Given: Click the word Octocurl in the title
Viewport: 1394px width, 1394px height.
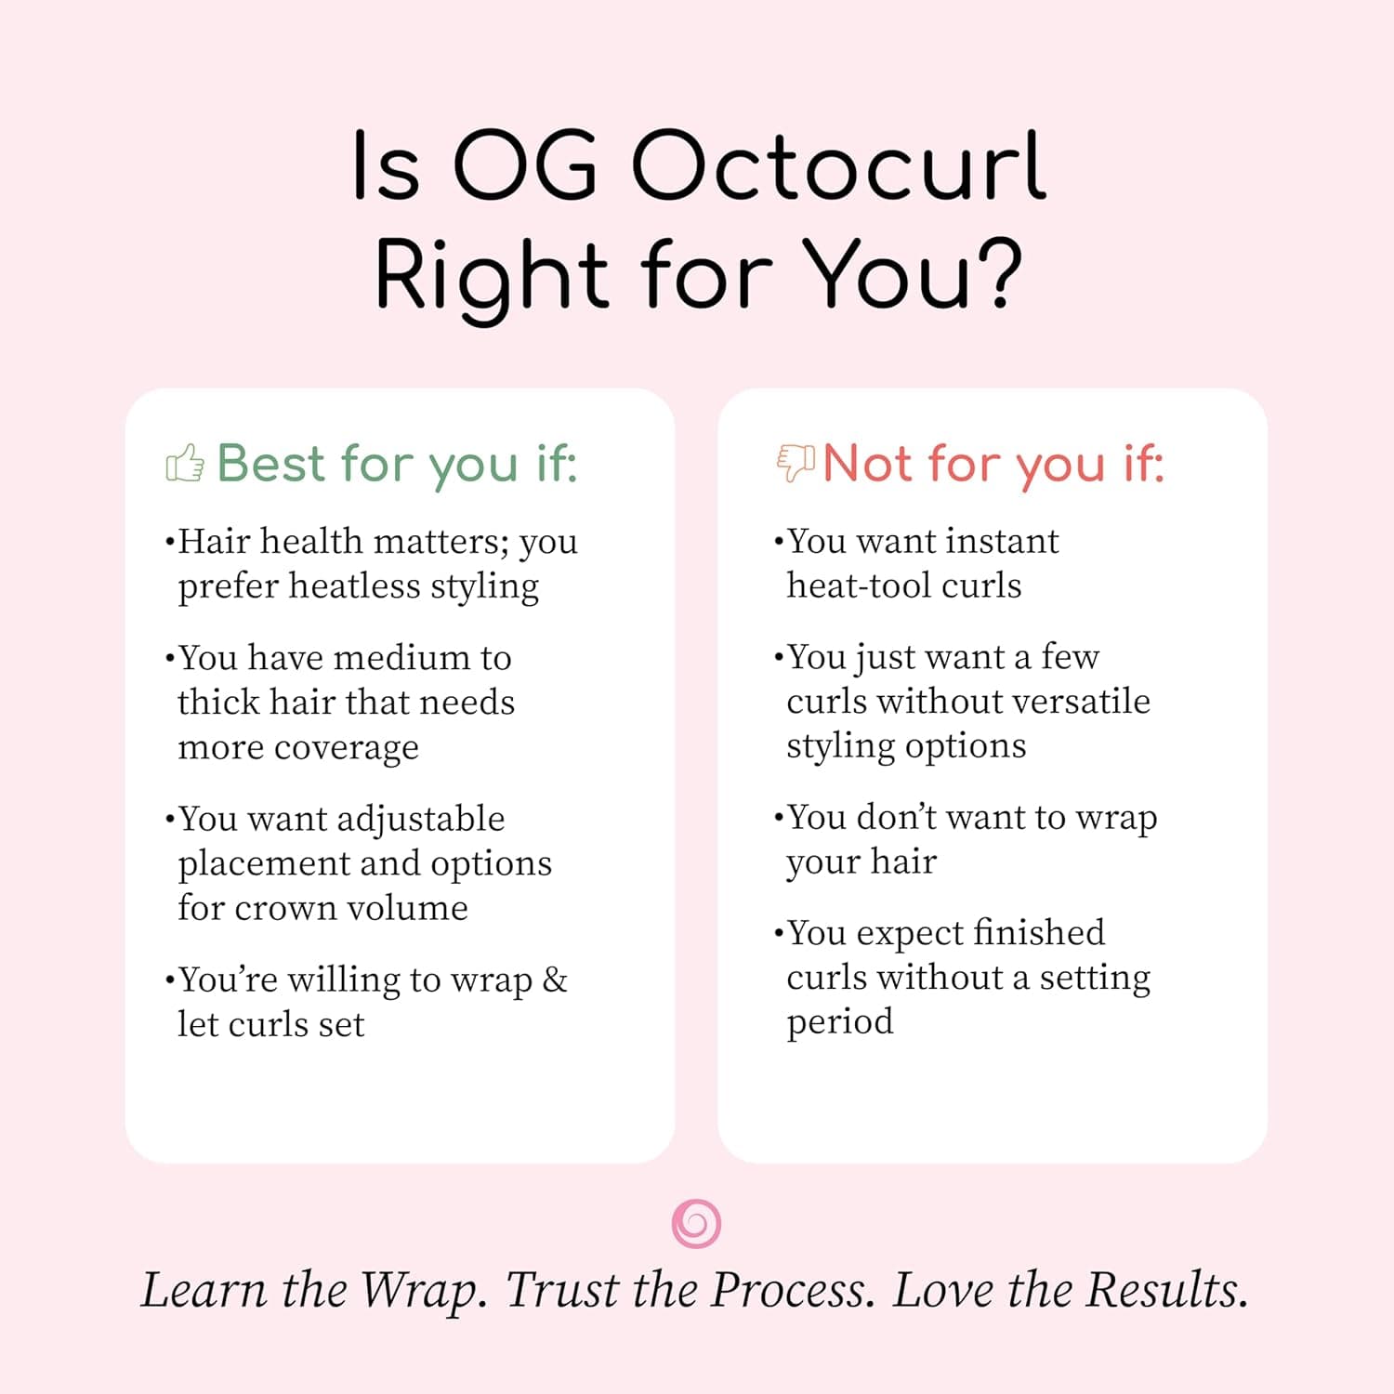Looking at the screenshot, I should pos(839,167).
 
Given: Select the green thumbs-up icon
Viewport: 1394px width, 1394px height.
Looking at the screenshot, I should pos(185,463).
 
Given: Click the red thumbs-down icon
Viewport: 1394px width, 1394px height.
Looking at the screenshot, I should pos(796,462).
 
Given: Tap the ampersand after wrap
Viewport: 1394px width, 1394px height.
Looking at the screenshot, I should pos(555,980).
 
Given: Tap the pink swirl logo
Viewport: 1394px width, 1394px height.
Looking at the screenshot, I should pos(696,1223).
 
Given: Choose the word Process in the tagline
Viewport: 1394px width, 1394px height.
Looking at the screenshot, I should pos(793,1290).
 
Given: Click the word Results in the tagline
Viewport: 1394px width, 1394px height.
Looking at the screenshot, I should pos(1167,1290).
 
